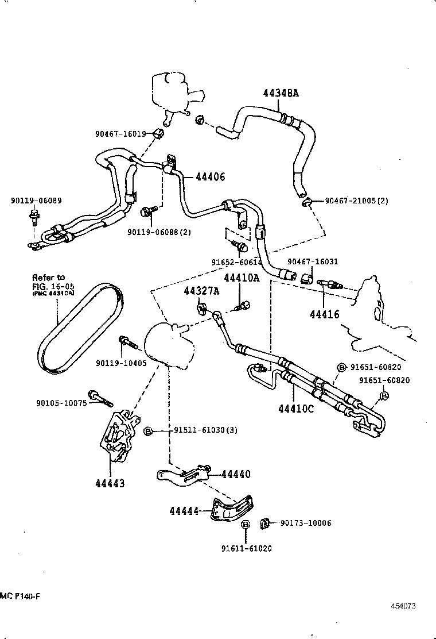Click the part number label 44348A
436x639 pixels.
coord(281,93)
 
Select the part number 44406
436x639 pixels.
coord(210,178)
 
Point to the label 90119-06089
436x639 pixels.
coord(36,201)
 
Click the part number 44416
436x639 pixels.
coord(325,314)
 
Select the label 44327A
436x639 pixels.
coord(201,291)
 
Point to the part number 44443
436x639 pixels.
coord(110,483)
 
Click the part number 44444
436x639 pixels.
coord(184,510)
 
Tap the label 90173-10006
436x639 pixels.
coord(305,523)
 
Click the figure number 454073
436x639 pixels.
coord(403,606)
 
